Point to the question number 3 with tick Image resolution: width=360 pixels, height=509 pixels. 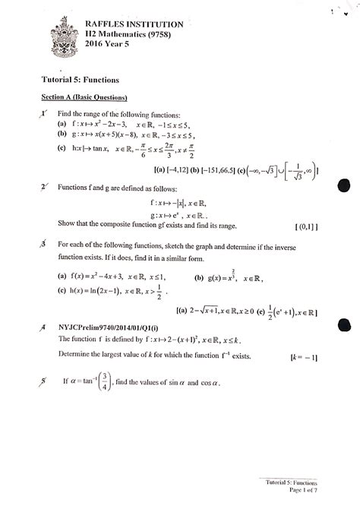pos(46,245)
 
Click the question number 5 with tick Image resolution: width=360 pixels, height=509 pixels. pos(45,381)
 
